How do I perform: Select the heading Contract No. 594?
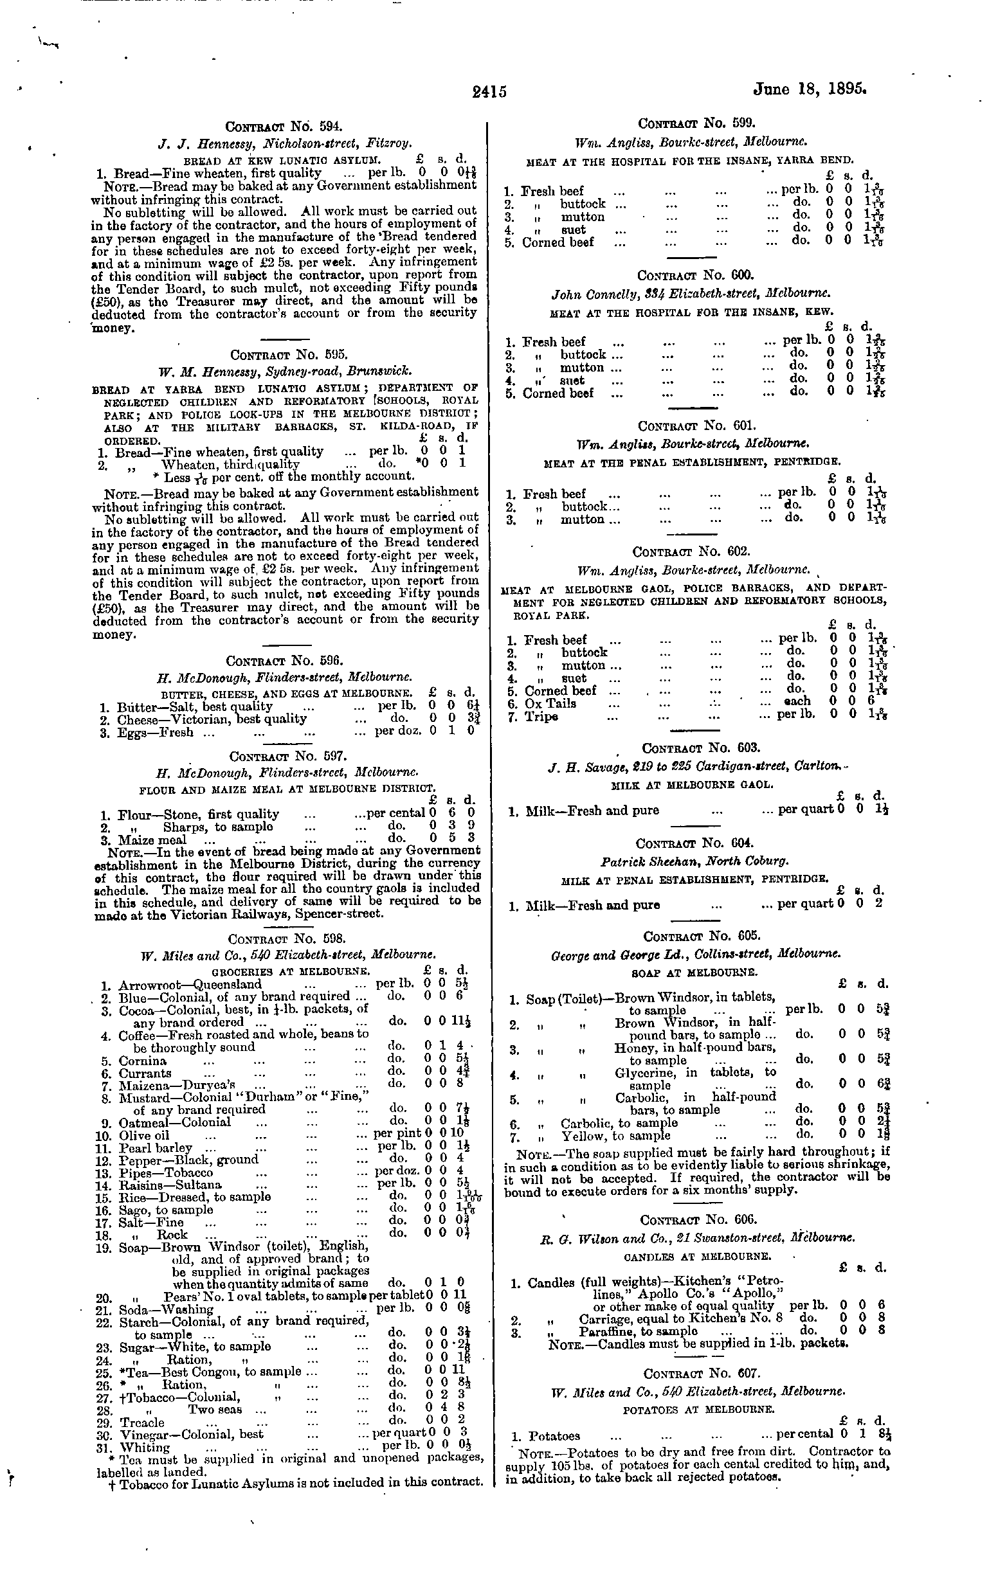click(284, 127)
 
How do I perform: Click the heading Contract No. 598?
click(287, 940)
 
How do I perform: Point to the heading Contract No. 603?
click(700, 748)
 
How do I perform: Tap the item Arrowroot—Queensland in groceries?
click(190, 985)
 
